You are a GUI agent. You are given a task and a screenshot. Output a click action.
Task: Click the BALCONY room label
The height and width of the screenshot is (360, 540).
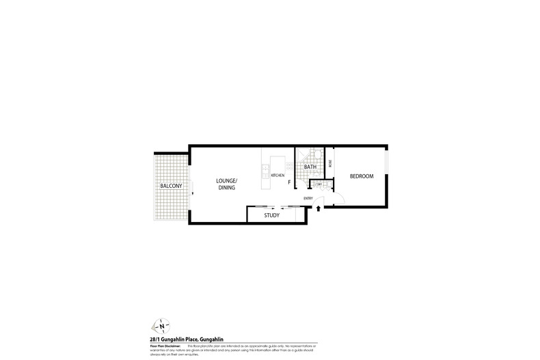coord(170,186)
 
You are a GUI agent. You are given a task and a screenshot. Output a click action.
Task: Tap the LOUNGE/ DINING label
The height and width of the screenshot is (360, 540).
coord(226,184)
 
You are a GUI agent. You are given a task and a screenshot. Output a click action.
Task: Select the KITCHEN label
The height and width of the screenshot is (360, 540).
coord(278,176)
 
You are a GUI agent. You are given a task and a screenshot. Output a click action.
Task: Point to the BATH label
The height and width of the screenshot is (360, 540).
coord(310,167)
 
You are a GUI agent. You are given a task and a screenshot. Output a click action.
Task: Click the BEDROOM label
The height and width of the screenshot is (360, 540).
coord(362,176)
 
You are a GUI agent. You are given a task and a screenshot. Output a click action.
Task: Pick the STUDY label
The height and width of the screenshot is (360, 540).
coord(272,216)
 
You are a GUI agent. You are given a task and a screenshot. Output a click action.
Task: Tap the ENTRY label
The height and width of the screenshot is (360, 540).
coord(308,199)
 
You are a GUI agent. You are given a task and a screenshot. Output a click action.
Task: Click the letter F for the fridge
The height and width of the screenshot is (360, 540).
coord(289,182)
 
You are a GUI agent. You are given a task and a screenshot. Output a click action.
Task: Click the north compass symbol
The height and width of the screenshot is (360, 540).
coord(163,327)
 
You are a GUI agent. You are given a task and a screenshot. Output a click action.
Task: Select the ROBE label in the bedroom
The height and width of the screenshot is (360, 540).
coord(330,163)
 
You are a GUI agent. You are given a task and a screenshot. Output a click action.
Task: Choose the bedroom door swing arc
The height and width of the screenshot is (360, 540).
coord(337,197)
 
